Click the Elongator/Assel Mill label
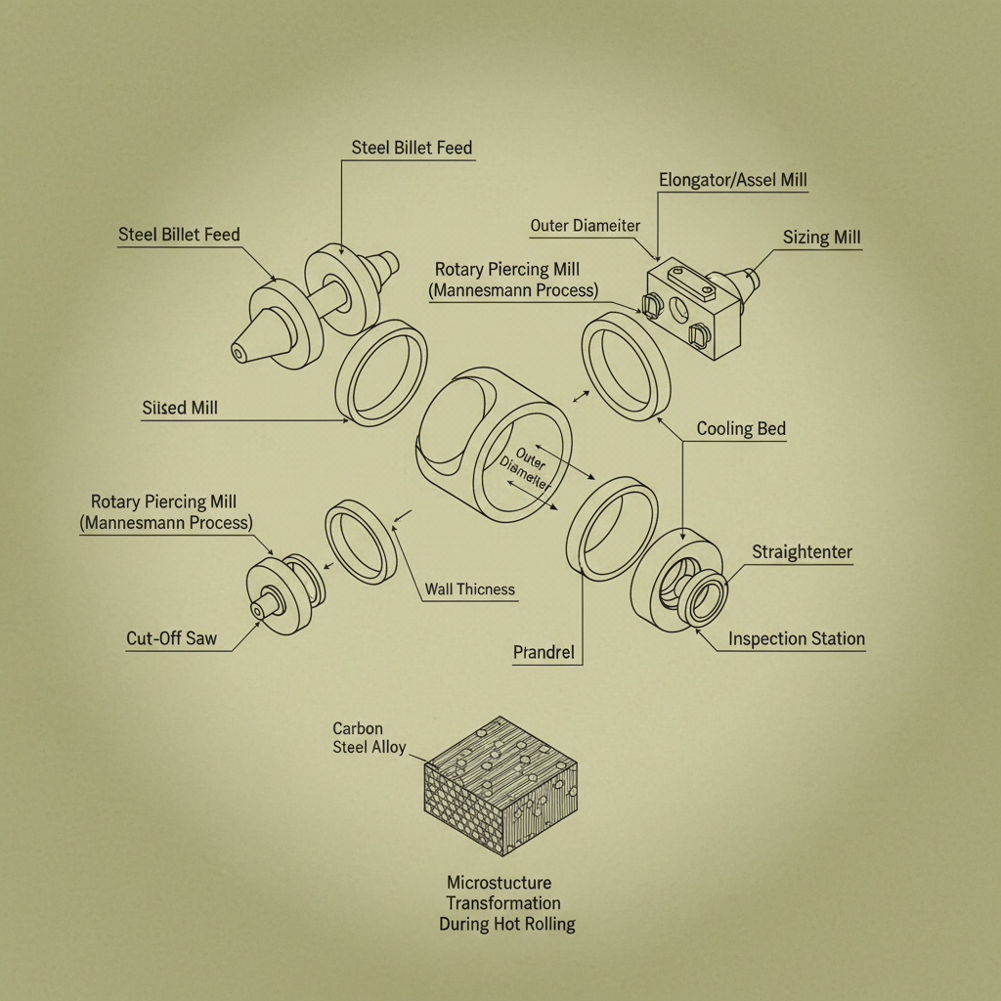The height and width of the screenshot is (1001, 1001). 733,180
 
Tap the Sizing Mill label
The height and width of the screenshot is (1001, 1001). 821,238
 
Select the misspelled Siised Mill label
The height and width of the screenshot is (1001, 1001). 180,408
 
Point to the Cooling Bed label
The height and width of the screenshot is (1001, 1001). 741,428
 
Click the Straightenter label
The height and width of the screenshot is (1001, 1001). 802,552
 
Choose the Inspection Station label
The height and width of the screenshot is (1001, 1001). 797,639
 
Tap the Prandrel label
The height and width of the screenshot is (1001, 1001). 544,652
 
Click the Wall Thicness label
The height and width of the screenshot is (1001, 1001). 470,589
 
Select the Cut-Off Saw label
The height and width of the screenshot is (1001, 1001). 172,638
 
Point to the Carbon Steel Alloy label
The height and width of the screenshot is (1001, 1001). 369,738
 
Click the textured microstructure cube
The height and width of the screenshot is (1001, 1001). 500,785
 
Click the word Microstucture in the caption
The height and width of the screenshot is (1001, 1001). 500,883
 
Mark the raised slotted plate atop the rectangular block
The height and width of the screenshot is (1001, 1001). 691,283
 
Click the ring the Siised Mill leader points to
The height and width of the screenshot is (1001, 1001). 382,372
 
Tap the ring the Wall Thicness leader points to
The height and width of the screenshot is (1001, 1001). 361,542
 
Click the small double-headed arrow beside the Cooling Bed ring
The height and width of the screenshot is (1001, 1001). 581,397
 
